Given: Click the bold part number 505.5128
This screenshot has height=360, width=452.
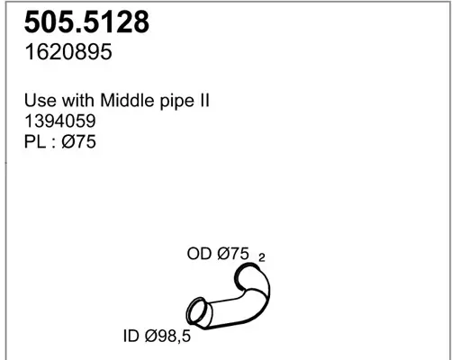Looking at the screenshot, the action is [x=86, y=22].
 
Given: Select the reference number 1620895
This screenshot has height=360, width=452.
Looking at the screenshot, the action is [x=68, y=51].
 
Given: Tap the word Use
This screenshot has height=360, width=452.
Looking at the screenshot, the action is [x=41, y=100].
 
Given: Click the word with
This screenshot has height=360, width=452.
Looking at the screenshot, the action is [x=78, y=100].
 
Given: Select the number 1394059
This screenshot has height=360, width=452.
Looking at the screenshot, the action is [x=60, y=121].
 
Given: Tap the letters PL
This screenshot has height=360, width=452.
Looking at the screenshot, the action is [x=35, y=141].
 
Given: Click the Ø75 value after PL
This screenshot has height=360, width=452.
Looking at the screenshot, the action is [x=78, y=141].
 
